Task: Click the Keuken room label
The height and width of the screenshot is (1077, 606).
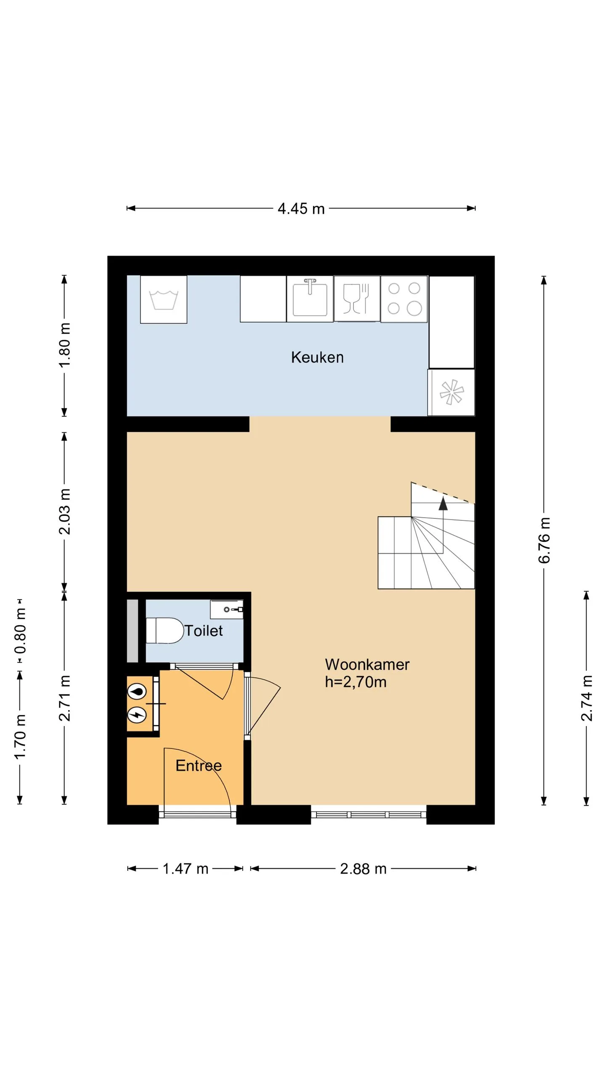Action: [317, 357]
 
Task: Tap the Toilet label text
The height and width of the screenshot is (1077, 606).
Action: [204, 631]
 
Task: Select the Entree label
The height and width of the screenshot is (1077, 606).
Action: [199, 765]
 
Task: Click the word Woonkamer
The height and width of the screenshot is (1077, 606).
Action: [367, 664]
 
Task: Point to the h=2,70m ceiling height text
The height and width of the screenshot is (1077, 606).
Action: [356, 682]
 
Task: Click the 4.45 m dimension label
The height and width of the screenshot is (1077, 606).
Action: [301, 209]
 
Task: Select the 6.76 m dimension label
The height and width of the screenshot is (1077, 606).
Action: [544, 541]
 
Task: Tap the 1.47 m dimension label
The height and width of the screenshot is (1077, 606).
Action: [186, 869]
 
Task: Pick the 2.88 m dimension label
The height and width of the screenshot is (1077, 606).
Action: [363, 869]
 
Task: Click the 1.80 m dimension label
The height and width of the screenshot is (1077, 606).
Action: [64, 345]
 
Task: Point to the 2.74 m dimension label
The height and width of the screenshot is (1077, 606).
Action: [587, 698]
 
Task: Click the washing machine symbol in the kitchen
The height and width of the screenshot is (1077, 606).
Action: [164, 300]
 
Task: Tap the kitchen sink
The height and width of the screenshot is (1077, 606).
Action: [310, 299]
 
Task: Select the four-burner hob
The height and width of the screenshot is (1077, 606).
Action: [404, 299]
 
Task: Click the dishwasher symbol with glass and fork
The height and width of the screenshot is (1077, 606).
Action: [357, 299]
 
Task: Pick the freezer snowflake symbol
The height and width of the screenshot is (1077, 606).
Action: [451, 393]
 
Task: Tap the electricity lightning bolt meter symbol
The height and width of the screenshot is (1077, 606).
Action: [137, 714]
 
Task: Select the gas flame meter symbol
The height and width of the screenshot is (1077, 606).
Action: [137, 691]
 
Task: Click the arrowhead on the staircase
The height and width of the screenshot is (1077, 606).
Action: [443, 504]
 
